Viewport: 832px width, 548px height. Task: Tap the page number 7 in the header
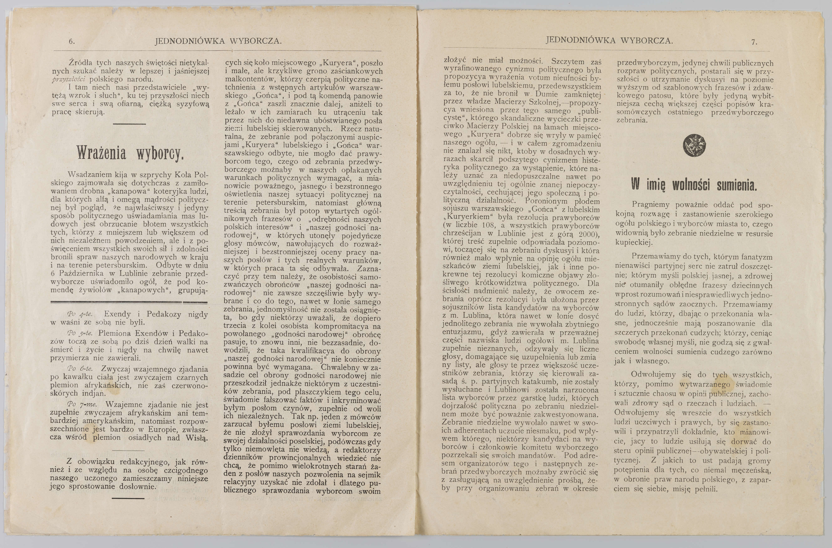[754, 42]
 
